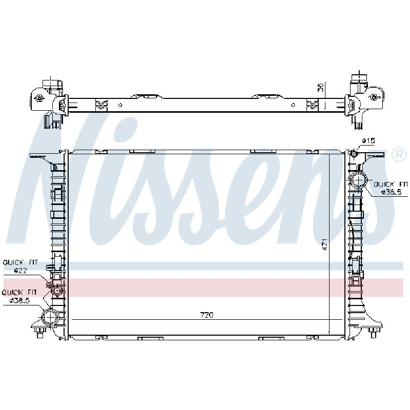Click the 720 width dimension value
[x=207, y=315]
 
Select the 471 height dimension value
[x=324, y=244]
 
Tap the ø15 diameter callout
[x=368, y=140]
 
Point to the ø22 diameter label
[x=20, y=271]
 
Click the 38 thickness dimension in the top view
[x=321, y=87]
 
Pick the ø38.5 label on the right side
[x=391, y=192]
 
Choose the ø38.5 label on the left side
[x=19, y=300]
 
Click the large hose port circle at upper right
[x=359, y=180]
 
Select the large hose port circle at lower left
[x=50, y=317]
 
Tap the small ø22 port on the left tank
[x=57, y=291]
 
